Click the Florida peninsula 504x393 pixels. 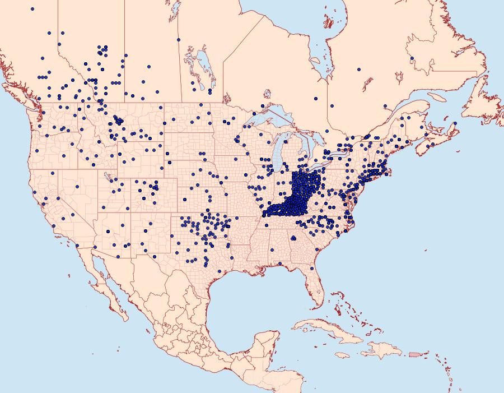point(314,286)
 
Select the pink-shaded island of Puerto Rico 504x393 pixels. point(415,354)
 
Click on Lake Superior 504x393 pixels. point(274,118)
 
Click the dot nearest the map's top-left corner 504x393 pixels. point(32,9)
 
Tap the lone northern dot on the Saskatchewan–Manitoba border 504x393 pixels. point(179,40)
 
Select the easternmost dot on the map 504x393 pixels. point(455,123)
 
